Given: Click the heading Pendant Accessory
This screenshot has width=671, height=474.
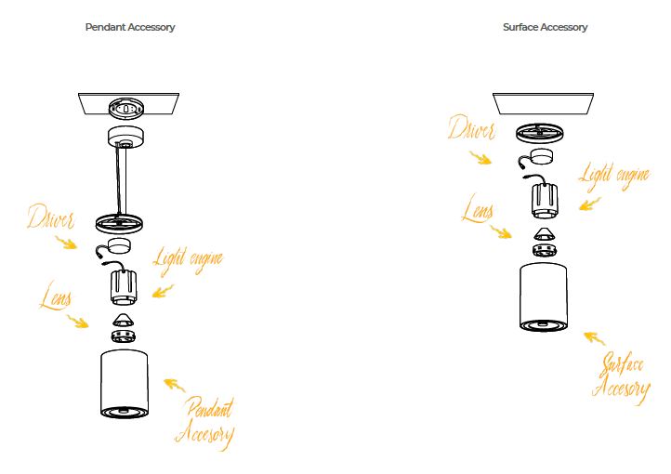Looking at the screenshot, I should click(129, 27).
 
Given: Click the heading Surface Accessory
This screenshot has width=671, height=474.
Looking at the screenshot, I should click(545, 27).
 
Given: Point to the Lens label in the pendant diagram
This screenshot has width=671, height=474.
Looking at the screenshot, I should click(58, 298).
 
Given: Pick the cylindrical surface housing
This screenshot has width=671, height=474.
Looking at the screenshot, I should click(545, 296).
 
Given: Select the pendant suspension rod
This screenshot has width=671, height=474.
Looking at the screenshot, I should click(122, 180).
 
